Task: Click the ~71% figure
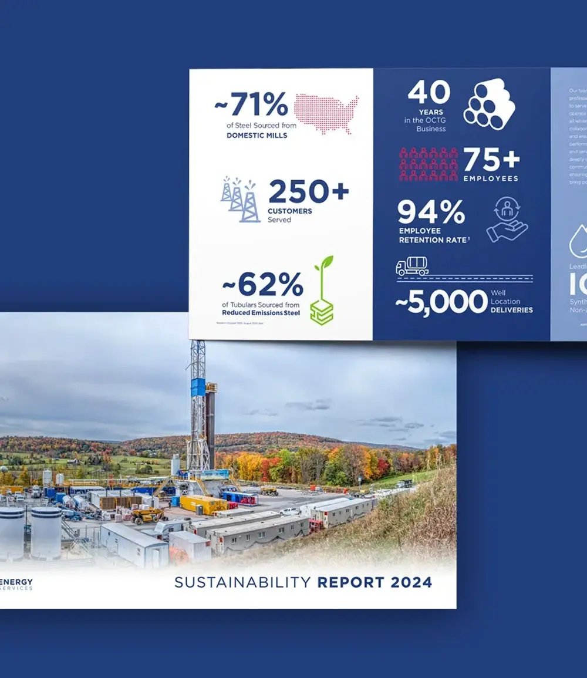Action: (x=251, y=105)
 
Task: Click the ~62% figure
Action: (x=262, y=285)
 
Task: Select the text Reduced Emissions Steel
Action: (x=261, y=313)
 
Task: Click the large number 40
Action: (x=429, y=92)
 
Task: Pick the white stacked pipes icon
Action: (x=488, y=104)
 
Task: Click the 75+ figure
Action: (x=491, y=160)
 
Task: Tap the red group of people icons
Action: (x=429, y=164)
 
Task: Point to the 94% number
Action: (x=431, y=212)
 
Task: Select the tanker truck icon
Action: (x=412, y=267)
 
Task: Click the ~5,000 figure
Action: (x=441, y=302)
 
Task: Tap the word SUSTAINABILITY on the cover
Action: (x=242, y=582)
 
